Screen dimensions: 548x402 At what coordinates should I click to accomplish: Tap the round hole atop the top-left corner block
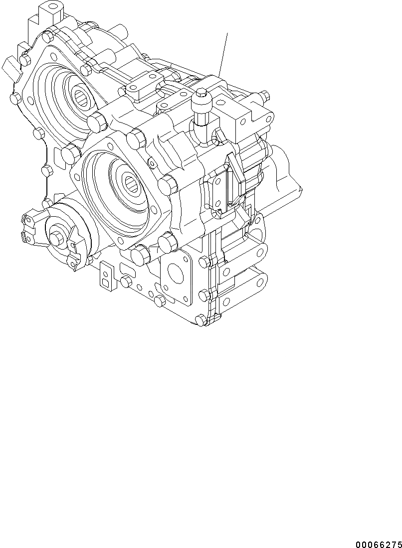coord(50,8)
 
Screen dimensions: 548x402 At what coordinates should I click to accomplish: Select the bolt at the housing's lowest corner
coord(201,320)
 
